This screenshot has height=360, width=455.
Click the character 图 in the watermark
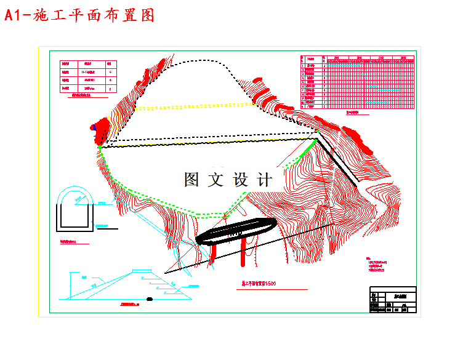coord(191,180)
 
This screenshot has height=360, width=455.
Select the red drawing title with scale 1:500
coord(259,284)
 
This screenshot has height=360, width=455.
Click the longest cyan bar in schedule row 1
coord(345,65)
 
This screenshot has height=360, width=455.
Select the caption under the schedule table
coord(353,113)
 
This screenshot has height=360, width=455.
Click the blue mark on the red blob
coord(93,127)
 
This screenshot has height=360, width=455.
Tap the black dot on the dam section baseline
coord(149,299)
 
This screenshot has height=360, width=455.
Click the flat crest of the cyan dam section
coord(142,270)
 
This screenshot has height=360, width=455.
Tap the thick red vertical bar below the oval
coord(244,252)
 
